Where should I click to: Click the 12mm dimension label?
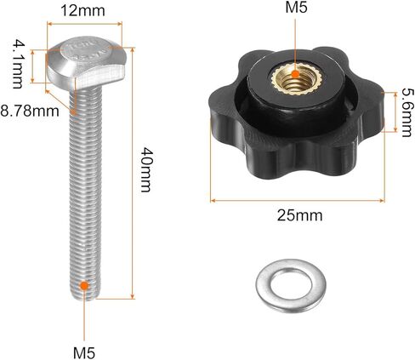click(82, 11)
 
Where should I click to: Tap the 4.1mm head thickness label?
click(17, 64)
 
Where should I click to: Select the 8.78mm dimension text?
click(30, 111)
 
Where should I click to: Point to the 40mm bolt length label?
click(146, 169)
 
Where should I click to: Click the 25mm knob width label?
click(299, 215)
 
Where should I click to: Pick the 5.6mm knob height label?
click(408, 112)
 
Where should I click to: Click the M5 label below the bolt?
click(84, 353)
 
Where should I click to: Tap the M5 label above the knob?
click(296, 8)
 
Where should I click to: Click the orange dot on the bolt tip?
click(84, 285)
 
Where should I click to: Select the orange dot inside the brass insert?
click(295, 74)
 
